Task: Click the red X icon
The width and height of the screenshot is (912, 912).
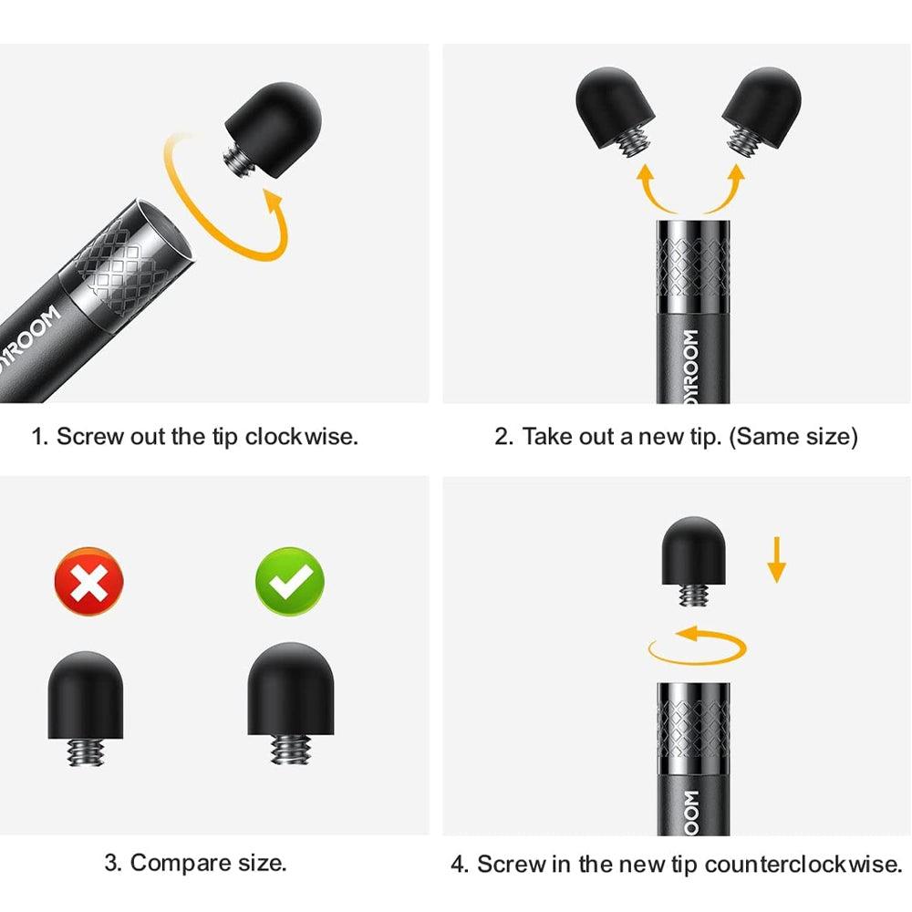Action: pos(89,580)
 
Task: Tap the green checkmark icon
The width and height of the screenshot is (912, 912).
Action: pos(290,580)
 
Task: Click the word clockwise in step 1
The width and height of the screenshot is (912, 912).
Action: pos(301,436)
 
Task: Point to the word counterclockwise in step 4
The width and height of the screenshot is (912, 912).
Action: pos(803,865)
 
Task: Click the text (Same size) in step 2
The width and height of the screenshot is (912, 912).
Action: pos(793,436)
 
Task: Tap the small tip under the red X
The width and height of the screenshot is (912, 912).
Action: pos(86,708)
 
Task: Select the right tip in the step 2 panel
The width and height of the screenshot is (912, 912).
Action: pos(762,111)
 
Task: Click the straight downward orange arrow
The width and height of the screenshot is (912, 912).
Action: pos(776,560)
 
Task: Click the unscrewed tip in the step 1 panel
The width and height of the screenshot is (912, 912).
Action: pos(273,130)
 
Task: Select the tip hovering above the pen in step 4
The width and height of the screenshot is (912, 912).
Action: pos(693,561)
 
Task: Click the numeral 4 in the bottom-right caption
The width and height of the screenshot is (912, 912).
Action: pos(459,865)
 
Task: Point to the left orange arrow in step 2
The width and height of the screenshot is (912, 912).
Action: pos(653,192)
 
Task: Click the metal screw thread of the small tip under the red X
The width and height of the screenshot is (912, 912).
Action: pos(86,752)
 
